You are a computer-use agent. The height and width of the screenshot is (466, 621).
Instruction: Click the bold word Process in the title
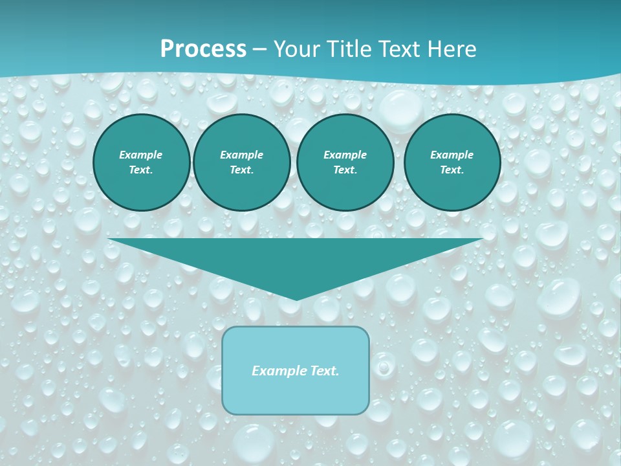[203, 49]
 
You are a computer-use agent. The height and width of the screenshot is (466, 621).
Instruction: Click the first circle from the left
[141, 162]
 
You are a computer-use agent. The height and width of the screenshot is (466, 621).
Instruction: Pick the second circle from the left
[241, 162]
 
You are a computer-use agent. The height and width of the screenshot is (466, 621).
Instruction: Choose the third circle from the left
[345, 162]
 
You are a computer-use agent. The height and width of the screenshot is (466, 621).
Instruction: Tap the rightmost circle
[452, 162]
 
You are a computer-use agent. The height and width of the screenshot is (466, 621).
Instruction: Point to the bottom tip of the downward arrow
[296, 299]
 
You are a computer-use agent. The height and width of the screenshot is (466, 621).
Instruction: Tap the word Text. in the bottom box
[324, 371]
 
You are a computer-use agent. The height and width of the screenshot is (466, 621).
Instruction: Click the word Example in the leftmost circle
[141, 155]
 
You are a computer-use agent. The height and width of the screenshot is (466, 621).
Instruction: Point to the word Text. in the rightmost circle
[452, 170]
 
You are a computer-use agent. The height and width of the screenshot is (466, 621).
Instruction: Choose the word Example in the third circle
[345, 155]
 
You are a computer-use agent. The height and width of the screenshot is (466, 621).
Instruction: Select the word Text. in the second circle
[241, 170]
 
